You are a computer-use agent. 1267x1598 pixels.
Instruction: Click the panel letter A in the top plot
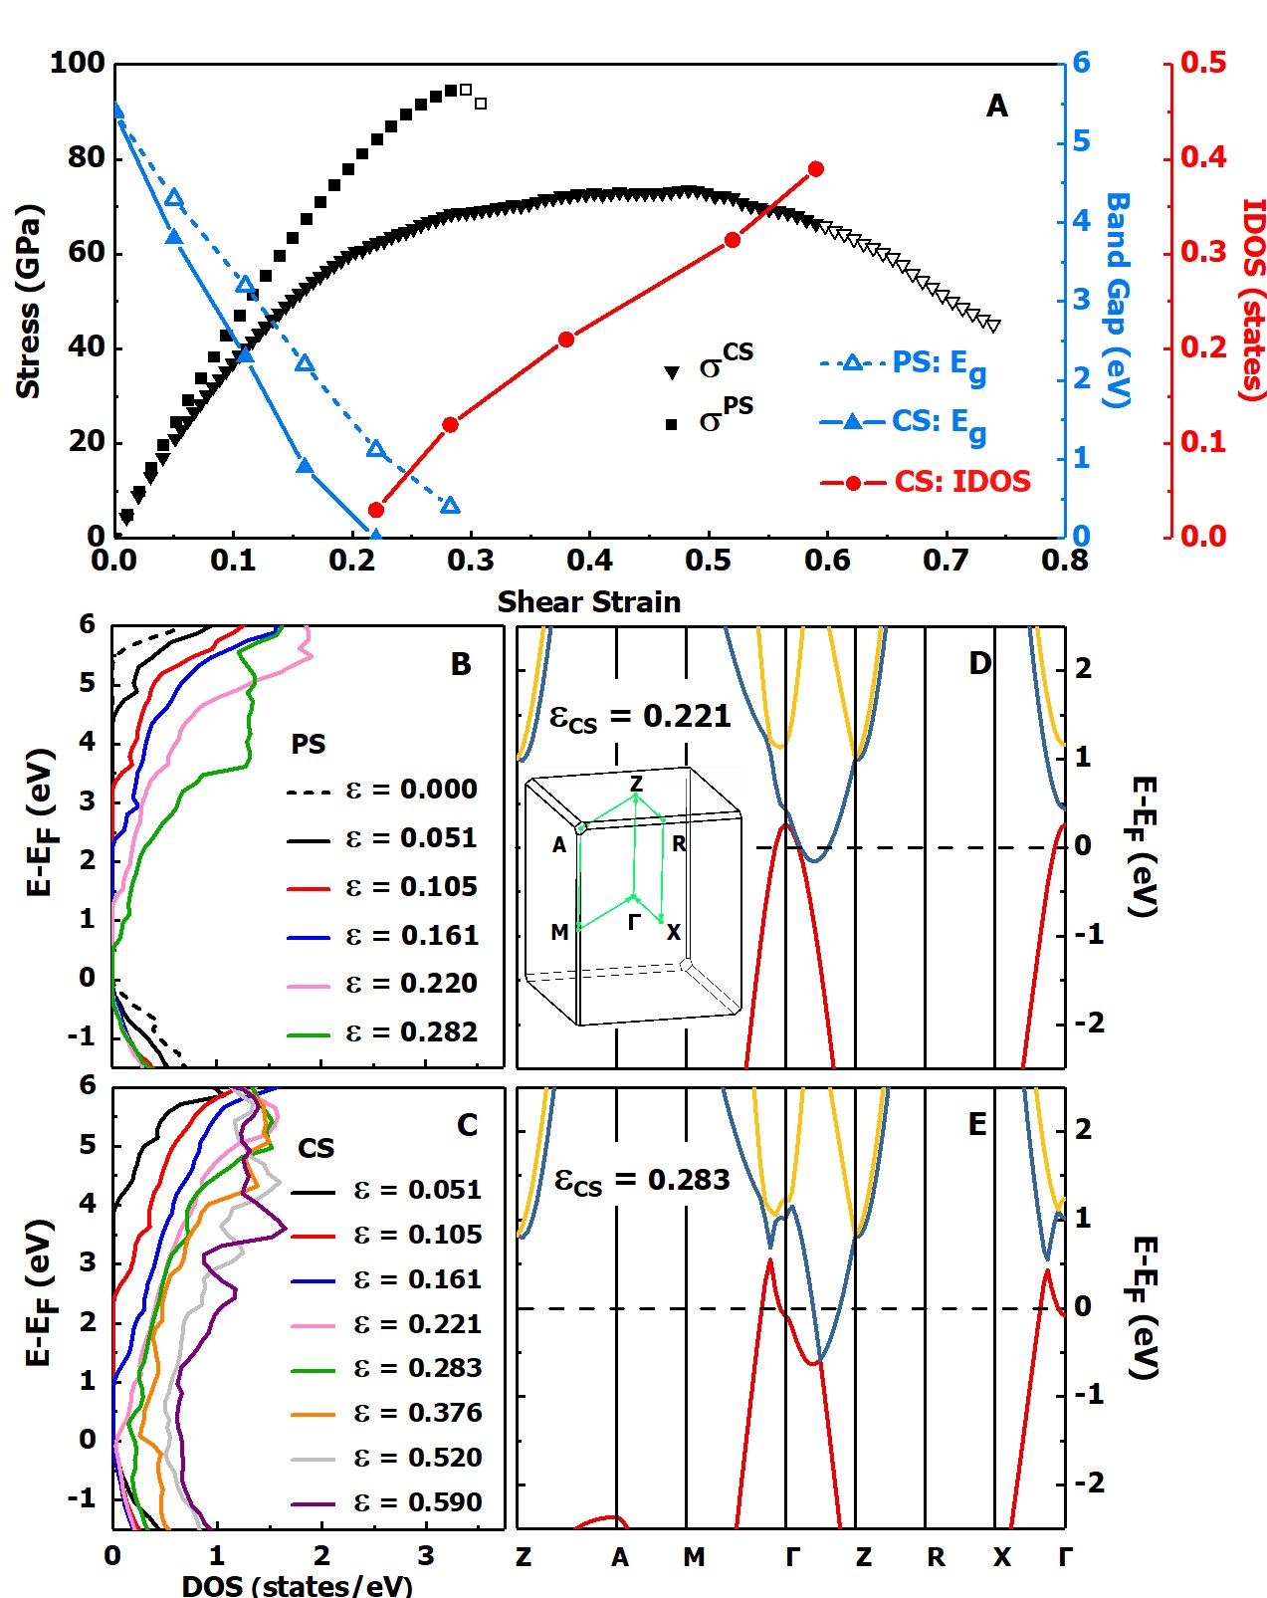tap(996, 106)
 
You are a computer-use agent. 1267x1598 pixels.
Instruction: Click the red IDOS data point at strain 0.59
tap(816, 169)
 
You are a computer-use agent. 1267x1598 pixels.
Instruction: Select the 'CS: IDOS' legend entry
tap(927, 482)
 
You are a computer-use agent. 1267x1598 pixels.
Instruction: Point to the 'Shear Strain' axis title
tap(589, 601)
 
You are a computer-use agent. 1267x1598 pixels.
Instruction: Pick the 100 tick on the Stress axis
tap(78, 63)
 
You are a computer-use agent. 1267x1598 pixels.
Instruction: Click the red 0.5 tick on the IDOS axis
tap(1203, 63)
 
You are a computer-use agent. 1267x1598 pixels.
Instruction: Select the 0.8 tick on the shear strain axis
tap(1064, 561)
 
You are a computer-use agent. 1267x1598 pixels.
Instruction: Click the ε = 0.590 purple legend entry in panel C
tap(387, 1501)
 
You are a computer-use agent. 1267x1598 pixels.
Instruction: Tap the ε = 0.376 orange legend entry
tap(387, 1412)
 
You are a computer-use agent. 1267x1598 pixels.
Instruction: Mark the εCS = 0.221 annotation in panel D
tap(640, 717)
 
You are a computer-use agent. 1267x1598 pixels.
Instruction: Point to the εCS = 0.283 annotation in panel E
tap(642, 1181)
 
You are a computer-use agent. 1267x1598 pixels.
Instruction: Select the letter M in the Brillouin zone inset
tap(559, 932)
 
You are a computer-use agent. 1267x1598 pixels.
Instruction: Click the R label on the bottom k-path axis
tap(936, 1557)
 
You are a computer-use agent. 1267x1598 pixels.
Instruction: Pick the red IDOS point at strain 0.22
tap(375, 510)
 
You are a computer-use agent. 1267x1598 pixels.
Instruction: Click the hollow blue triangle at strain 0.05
tap(174, 198)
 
